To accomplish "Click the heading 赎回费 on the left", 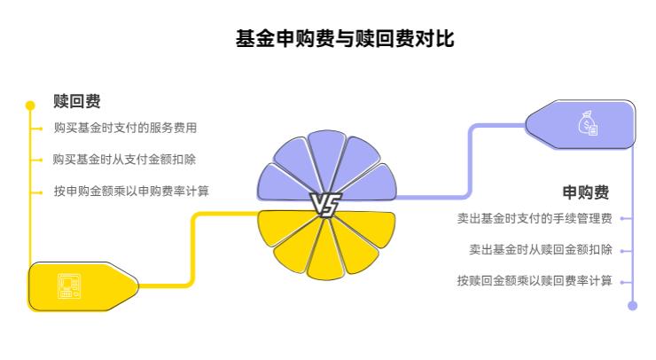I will [x=76, y=101].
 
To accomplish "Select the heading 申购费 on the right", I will [x=586, y=192].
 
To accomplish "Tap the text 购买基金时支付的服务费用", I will [x=125, y=128].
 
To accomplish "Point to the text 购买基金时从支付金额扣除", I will [x=125, y=160].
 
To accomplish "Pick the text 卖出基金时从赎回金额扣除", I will [x=541, y=249].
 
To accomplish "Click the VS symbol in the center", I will [x=325, y=206].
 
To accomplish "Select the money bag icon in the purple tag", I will [x=589, y=123].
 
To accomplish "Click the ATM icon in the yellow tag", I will [x=69, y=286].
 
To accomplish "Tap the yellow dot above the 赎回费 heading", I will [x=30, y=105].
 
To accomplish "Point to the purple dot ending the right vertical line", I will [x=632, y=305].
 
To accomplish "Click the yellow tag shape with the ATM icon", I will [x=84, y=286].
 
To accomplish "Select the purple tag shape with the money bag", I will [x=581, y=123].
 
